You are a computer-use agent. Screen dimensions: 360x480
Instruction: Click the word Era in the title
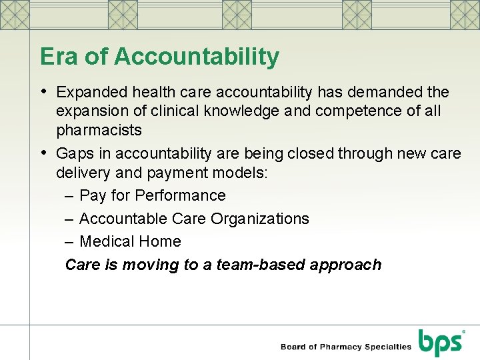point(59,57)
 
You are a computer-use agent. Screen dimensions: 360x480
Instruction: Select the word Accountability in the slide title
point(197,57)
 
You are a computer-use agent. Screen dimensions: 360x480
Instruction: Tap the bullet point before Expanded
point(43,91)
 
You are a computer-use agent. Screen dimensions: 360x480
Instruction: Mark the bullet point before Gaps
point(43,153)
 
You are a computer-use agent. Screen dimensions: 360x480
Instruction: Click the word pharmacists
point(99,129)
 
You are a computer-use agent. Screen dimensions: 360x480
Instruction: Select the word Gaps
point(75,153)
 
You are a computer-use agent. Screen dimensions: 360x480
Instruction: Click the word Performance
point(180,195)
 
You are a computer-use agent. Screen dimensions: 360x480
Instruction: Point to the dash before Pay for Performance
point(69,196)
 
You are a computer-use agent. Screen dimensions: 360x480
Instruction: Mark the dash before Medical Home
point(69,242)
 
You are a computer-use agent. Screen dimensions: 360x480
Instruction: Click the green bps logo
point(439,343)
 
